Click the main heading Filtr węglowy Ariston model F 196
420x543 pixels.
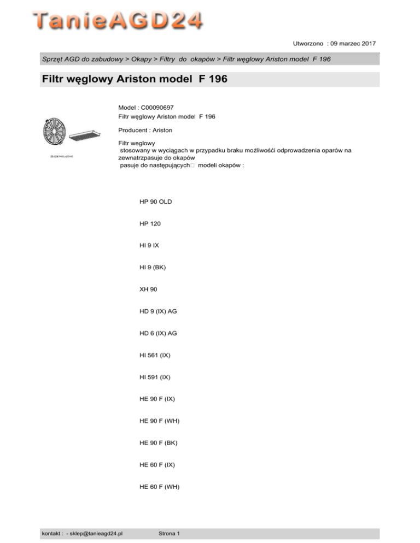tap(135, 80)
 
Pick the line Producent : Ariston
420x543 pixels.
tap(145, 131)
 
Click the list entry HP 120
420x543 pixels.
tap(150, 223)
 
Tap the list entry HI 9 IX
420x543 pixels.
tap(149, 245)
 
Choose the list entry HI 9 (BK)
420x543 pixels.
tap(153, 267)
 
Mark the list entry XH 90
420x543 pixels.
tap(148, 289)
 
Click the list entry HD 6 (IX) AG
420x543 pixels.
tap(158, 333)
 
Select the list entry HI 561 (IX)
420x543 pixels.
tap(155, 355)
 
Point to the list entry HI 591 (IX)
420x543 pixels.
tap(155, 377)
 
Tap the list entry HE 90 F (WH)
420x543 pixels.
tap(160, 421)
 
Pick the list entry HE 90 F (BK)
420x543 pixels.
tap(159, 442)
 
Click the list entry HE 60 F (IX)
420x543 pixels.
tap(157, 464)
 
